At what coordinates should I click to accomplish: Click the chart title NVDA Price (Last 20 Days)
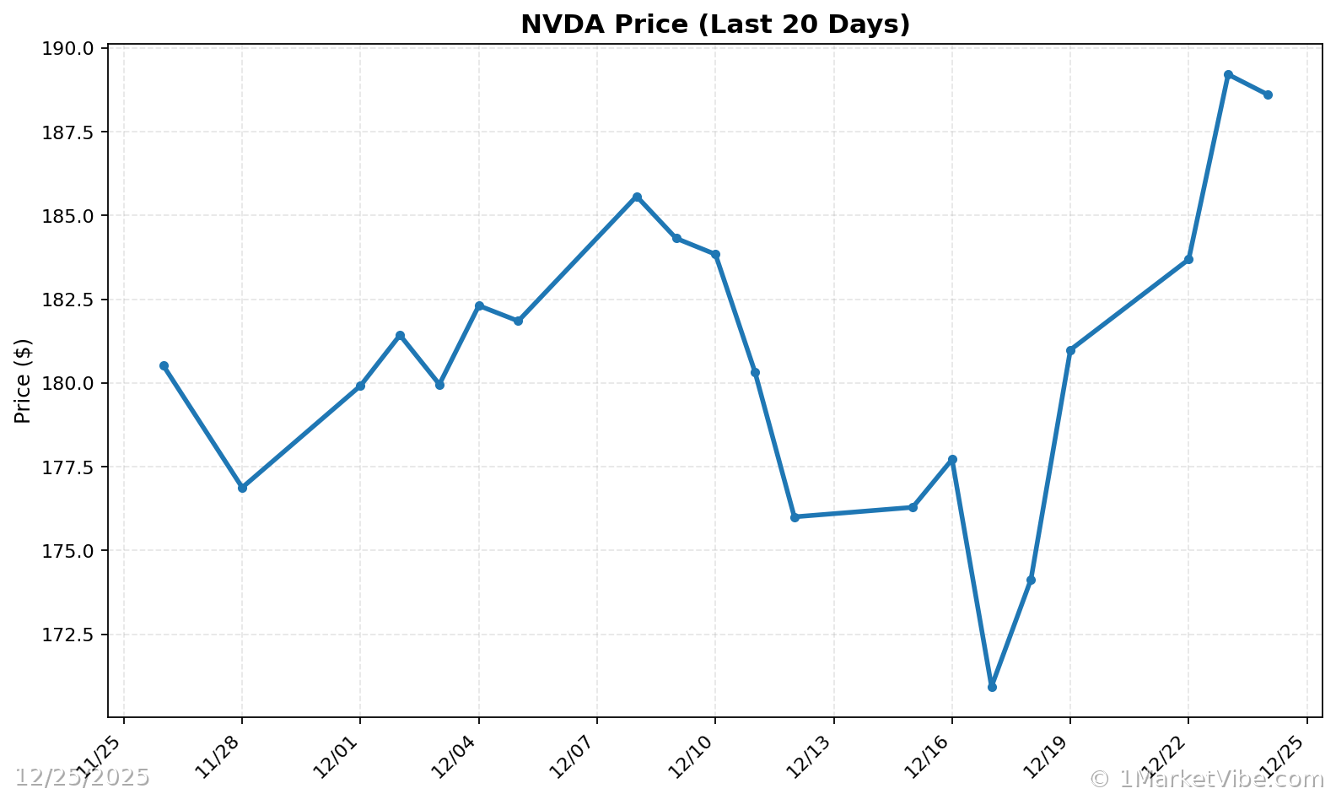[x=715, y=24]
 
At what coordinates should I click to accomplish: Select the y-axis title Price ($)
[x=23, y=381]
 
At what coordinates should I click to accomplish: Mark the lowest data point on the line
[x=992, y=687]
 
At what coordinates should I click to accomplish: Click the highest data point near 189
[x=1228, y=74]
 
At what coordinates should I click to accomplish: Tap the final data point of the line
[x=1268, y=95]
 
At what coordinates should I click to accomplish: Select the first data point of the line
[x=164, y=365]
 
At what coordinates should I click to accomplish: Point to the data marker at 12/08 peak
[x=637, y=197]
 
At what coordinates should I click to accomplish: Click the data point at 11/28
[x=242, y=488]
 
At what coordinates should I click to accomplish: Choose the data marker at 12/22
[x=1188, y=259]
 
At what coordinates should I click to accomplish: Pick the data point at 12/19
[x=1070, y=350]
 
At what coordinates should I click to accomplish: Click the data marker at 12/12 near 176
[x=795, y=516]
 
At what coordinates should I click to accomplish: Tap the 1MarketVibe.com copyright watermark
[x=1206, y=778]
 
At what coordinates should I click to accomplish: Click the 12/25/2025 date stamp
[x=82, y=777]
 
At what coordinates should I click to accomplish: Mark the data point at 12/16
[x=952, y=459]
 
